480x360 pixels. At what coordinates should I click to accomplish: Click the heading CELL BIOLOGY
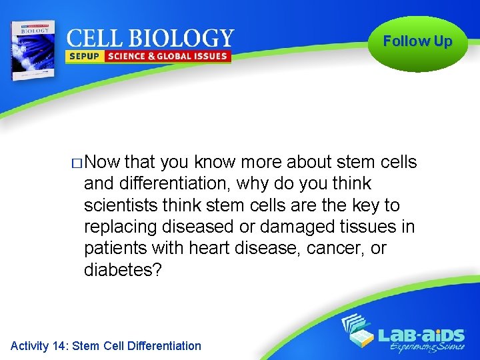click(x=151, y=38)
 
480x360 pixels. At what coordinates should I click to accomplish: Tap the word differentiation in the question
click(x=170, y=183)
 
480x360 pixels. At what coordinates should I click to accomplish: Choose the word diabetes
click(x=123, y=270)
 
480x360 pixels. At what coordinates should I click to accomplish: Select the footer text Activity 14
click(x=39, y=346)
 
